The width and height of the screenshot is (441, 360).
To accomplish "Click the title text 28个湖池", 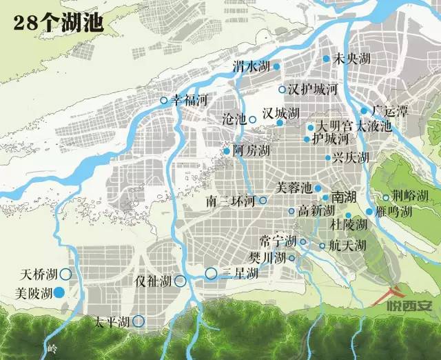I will click(58, 22).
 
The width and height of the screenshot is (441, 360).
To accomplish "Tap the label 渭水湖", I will click(251, 66).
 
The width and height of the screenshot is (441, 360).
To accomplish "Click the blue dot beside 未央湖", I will click(327, 59).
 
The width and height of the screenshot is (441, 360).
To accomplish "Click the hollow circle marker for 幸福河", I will click(164, 101).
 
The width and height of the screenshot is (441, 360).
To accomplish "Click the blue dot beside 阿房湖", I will click(226, 151).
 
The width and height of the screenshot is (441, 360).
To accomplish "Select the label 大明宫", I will click(334, 127).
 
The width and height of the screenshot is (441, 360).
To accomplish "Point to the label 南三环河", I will click(232, 201).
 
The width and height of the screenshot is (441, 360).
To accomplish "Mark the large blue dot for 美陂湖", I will click(60, 292).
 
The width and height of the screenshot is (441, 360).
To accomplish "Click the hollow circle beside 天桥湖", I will click(65, 274).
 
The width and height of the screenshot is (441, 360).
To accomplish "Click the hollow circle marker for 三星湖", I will click(211, 274).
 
